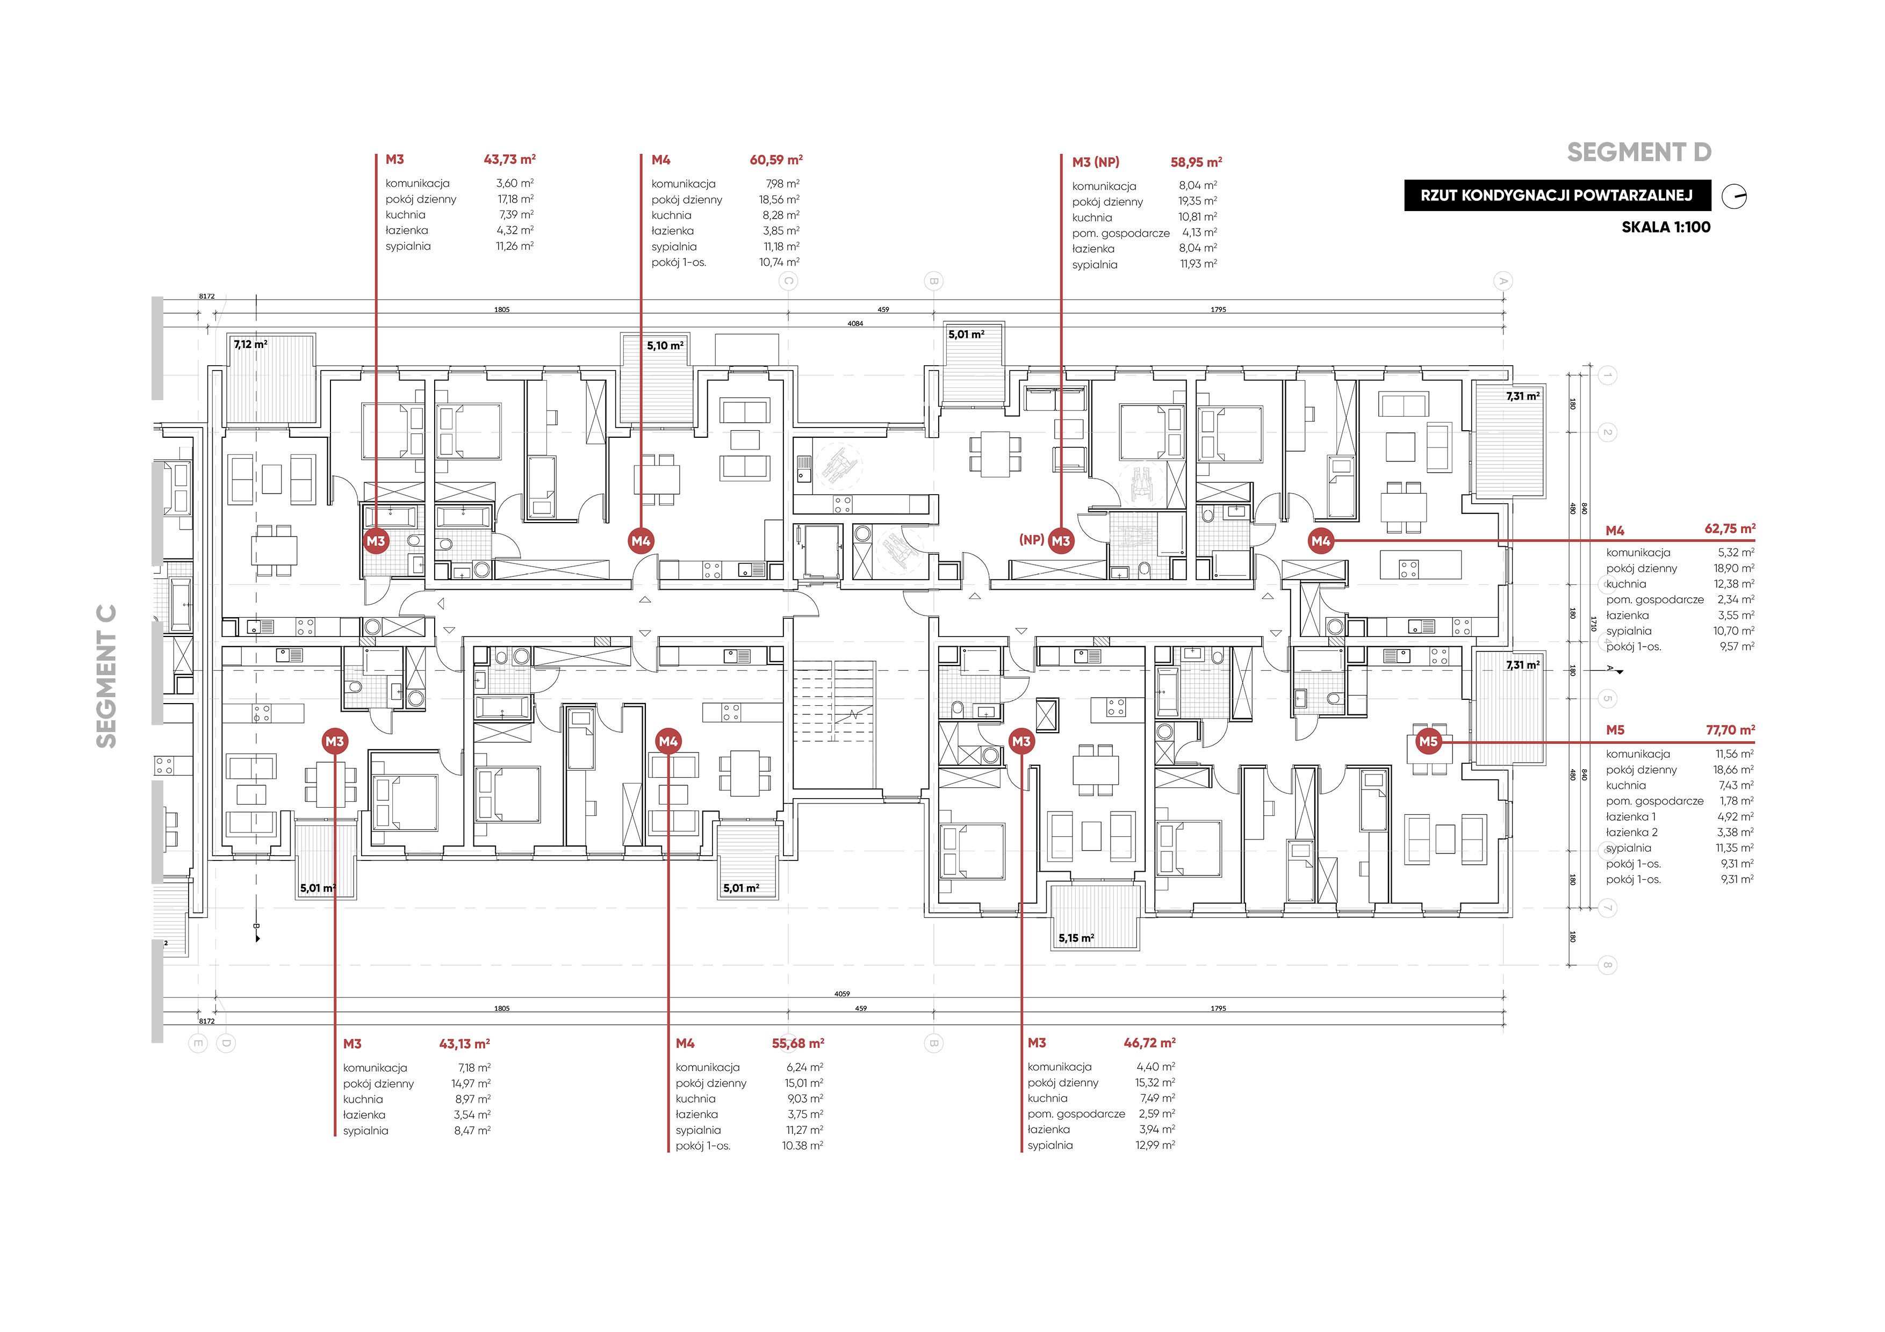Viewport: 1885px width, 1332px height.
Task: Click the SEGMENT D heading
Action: [x=1639, y=153]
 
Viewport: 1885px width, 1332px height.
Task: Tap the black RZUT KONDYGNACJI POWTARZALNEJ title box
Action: [x=1557, y=196]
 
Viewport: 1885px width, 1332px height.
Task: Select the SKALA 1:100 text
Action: [x=1666, y=227]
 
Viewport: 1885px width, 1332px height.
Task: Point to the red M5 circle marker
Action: [x=1429, y=741]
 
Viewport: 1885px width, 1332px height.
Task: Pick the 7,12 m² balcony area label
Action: [x=250, y=345]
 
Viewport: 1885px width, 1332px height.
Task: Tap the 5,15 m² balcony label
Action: [x=1076, y=938]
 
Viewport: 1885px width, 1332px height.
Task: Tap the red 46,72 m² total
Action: [x=1149, y=1043]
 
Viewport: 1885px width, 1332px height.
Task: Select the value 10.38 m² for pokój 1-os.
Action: [x=802, y=1146]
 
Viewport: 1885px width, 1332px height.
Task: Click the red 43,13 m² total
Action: [x=465, y=1044]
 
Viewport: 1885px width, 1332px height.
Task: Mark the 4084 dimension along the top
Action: [x=855, y=323]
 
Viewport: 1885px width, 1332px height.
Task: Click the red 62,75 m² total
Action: [x=1730, y=529]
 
